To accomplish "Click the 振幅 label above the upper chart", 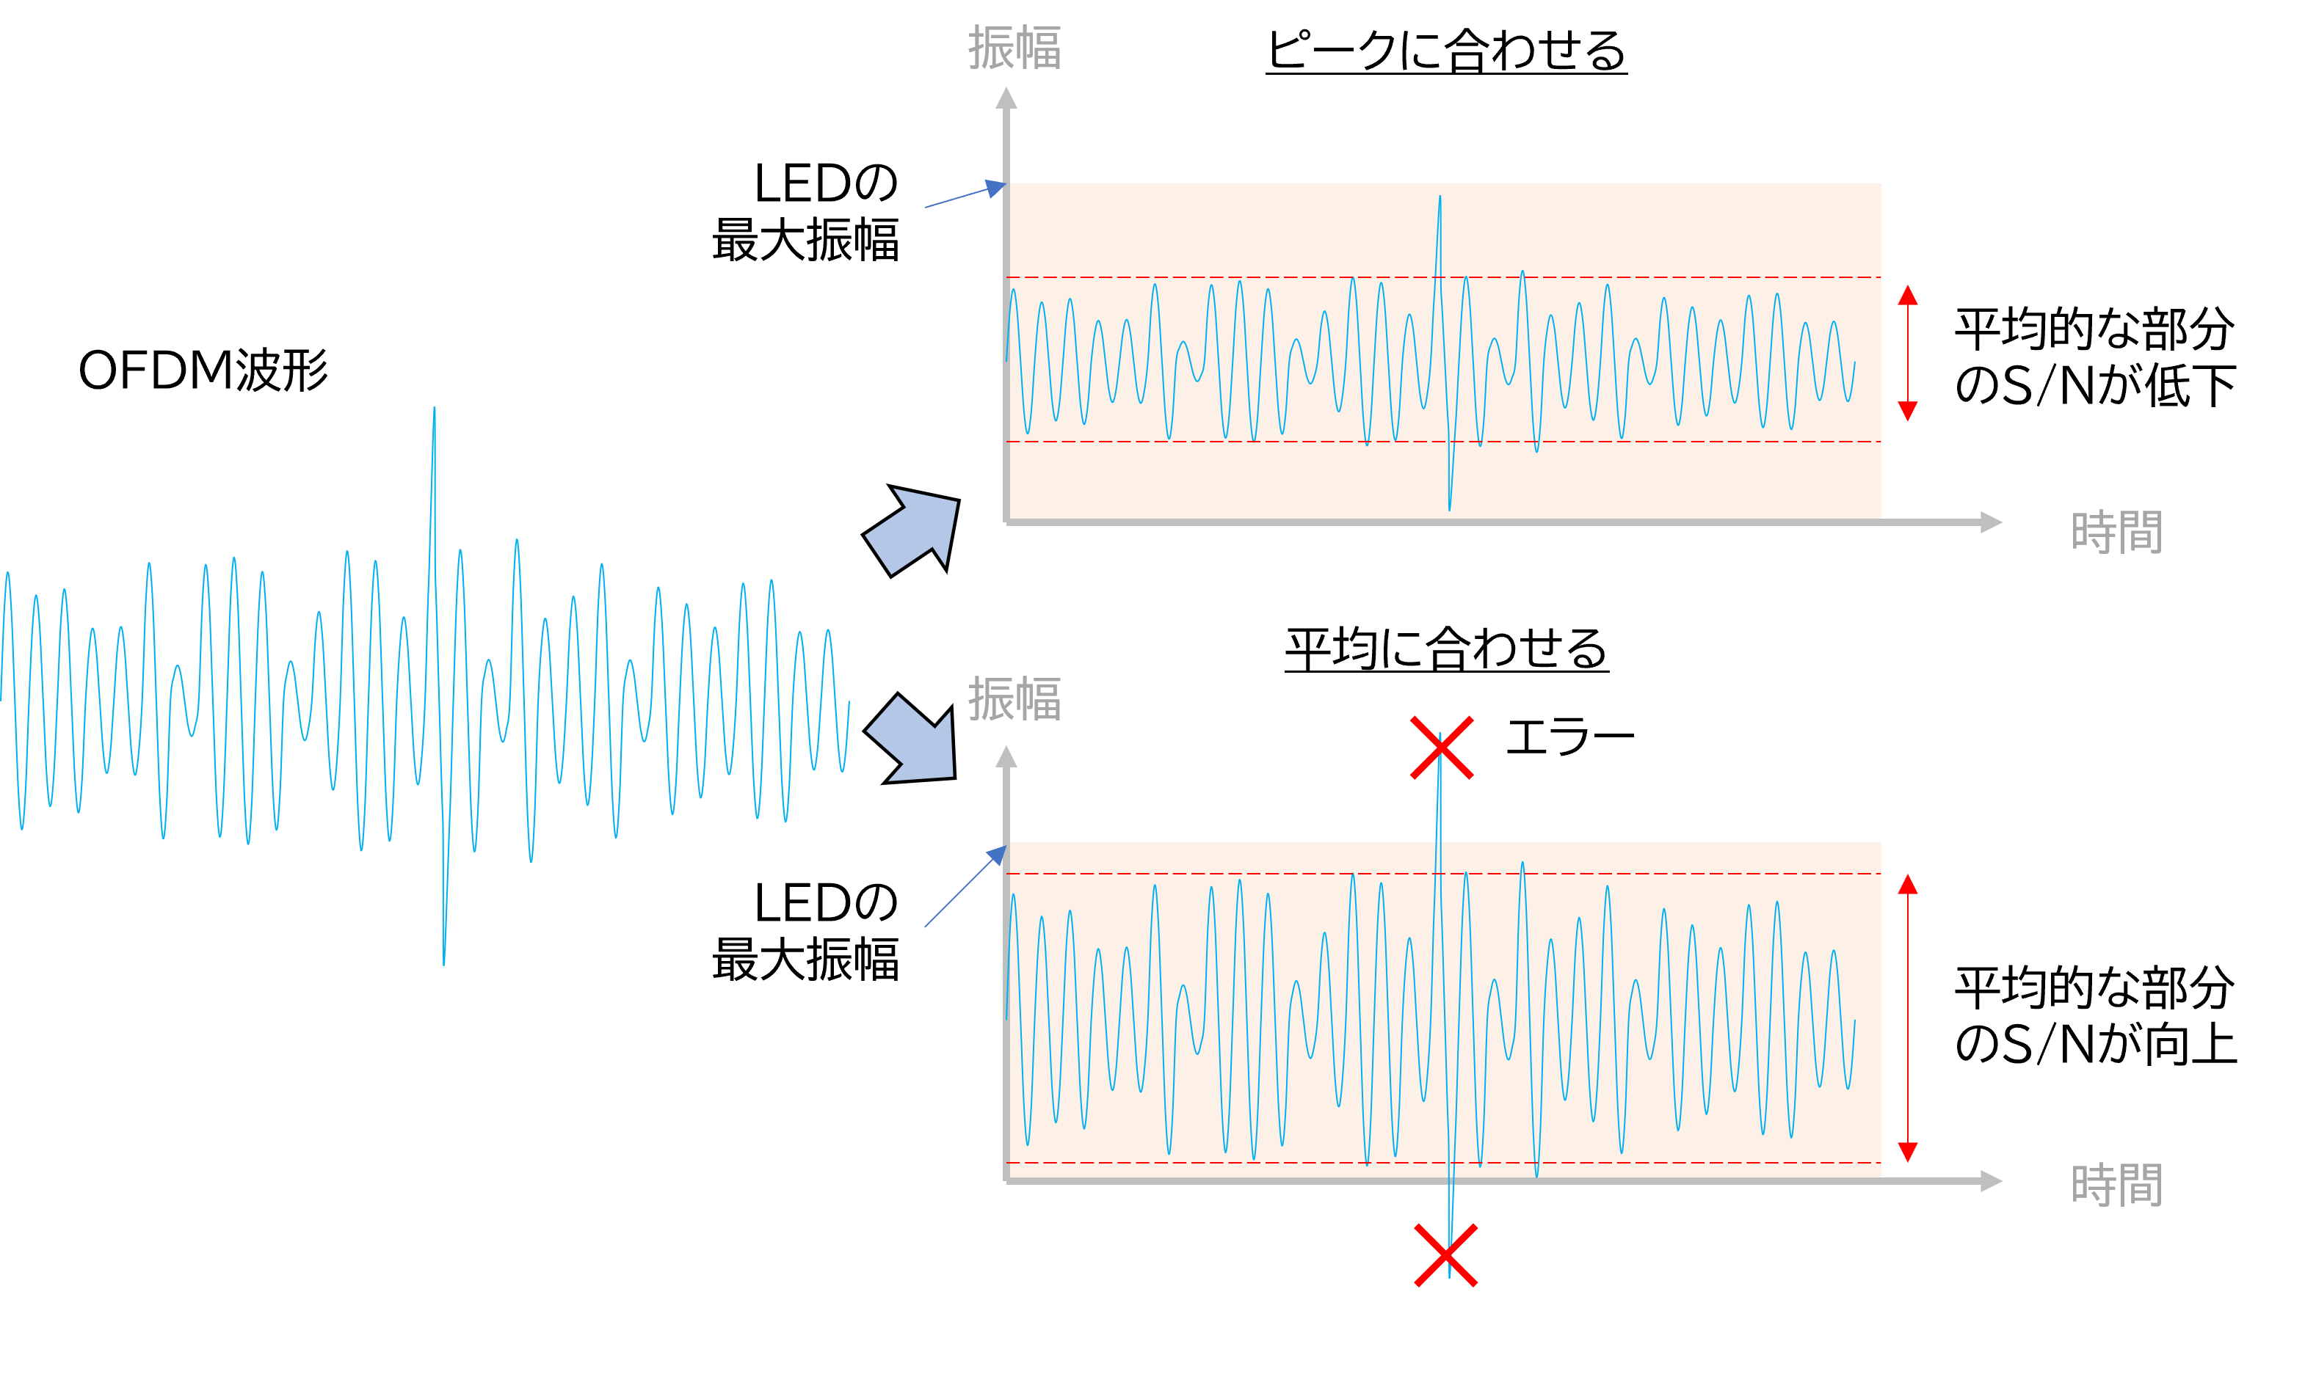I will coord(1014,48).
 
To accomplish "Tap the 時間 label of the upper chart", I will coord(2116,533).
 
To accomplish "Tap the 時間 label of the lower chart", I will coord(2116,1185).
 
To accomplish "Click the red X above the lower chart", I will coord(1442,747).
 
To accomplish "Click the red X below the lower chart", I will coord(1445,1255).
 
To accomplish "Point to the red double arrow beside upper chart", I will coord(1908,354).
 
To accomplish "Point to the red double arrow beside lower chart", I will coord(1908,1018).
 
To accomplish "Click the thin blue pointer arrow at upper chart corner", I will coord(965,195).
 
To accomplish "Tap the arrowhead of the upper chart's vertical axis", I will coord(1006,98).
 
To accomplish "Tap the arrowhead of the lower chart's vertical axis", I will coord(1006,756).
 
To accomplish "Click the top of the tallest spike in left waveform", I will coord(435,409).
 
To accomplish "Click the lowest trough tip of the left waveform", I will coord(443,963).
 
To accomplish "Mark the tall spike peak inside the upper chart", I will coord(1440,197).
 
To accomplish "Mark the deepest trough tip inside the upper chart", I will coord(1450,508).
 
